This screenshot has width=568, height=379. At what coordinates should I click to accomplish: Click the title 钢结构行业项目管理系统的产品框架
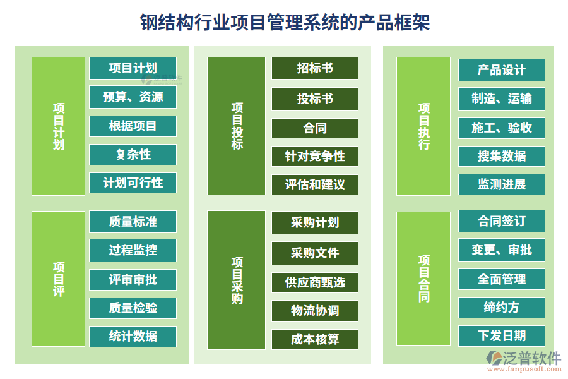pos(284,23)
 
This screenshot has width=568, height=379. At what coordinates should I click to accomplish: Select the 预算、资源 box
pos(133,97)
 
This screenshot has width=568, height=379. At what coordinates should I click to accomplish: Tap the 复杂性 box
pos(133,154)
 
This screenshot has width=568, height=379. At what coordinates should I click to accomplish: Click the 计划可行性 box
pos(133,183)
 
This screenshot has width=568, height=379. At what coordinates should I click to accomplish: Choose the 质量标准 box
pos(133,222)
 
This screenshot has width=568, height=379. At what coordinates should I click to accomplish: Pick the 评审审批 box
pos(133,279)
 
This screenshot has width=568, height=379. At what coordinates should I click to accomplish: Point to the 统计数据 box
pos(133,336)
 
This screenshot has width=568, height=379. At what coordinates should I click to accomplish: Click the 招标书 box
pos(314,68)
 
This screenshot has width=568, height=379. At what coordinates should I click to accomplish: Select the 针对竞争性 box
pos(314,155)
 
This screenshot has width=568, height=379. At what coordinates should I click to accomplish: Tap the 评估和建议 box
pos(314,184)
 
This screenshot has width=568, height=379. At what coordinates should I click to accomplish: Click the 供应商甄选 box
pos(314,282)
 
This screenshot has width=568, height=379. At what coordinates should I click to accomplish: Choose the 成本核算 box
pos(314,339)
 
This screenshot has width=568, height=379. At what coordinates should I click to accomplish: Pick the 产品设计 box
pos(501,69)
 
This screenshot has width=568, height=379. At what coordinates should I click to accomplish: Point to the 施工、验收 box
pos(501,128)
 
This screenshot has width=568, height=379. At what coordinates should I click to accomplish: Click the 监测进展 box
pos(501,184)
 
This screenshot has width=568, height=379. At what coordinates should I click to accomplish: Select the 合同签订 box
pos(501,222)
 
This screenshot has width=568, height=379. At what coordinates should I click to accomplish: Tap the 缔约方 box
pos(501,307)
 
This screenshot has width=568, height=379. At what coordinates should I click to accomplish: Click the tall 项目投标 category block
pos(237,126)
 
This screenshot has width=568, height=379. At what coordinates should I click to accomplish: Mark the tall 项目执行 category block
pos(423,126)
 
